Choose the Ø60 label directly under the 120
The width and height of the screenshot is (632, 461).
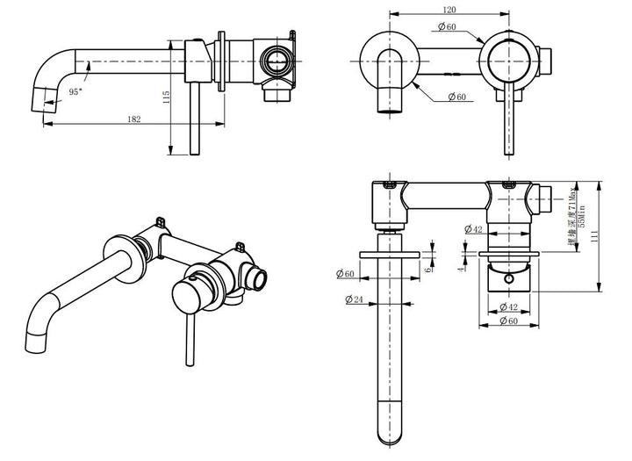448,28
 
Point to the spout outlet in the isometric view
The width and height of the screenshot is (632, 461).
39,341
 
